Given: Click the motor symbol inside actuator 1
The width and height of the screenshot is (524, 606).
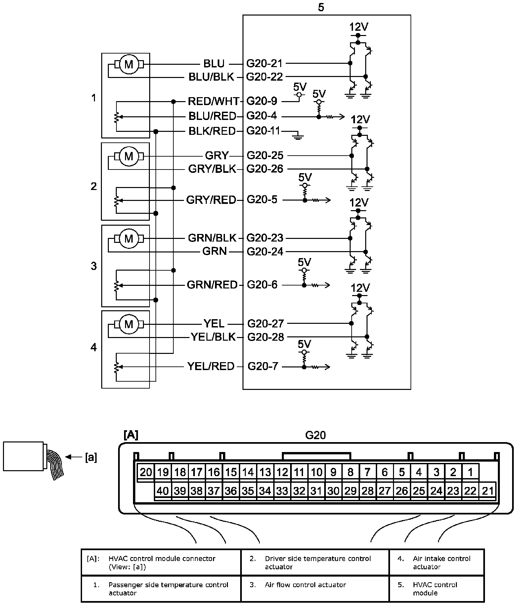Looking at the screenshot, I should click(x=128, y=64).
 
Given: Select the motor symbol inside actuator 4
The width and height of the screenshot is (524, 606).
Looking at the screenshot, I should click(x=128, y=324).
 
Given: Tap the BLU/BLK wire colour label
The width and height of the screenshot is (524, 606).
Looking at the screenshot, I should click(x=211, y=77).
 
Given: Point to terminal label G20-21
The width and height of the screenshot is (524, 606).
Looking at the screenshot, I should click(x=265, y=63).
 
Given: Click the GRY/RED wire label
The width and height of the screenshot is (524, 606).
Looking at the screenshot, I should click(x=211, y=200).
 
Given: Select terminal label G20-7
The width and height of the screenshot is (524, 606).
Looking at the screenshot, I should click(x=263, y=366).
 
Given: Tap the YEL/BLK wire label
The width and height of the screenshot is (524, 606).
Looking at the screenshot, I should click(x=213, y=337).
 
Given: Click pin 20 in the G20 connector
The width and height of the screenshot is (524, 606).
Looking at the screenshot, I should click(x=146, y=472).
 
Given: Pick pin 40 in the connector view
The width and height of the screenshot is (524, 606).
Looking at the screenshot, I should click(x=163, y=491).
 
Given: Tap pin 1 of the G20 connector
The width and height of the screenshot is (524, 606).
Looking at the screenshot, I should click(x=470, y=472).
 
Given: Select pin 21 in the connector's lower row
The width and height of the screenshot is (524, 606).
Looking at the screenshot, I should click(x=488, y=491).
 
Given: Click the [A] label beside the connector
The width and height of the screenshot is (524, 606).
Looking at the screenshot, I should click(x=131, y=435).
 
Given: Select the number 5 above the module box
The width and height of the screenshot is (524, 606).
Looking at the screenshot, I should click(x=321, y=7).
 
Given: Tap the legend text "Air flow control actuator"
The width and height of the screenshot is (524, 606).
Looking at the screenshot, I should click(x=305, y=585).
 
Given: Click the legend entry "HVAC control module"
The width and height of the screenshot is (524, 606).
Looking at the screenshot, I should click(x=435, y=588).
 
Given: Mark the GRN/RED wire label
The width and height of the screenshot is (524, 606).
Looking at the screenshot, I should click(x=212, y=285).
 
